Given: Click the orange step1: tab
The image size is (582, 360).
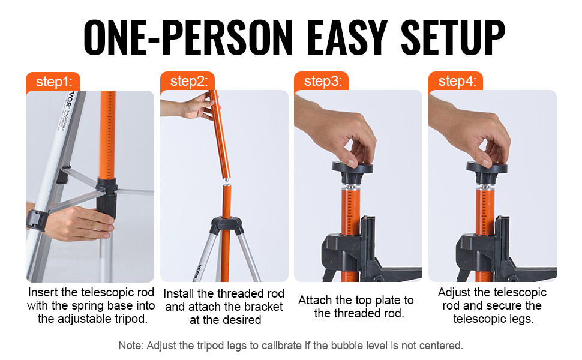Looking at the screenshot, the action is [53, 81].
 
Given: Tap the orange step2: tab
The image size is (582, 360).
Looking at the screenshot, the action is [187, 81].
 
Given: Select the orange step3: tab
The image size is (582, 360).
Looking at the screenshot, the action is [322, 81].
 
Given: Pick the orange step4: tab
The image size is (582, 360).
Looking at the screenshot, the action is [456, 81].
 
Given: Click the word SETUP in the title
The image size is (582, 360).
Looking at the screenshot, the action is [453, 37].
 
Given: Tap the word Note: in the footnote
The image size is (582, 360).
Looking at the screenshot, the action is [131, 346].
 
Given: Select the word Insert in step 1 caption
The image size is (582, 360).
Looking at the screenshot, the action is [43, 292].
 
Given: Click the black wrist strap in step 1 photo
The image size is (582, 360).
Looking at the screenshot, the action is [37, 220].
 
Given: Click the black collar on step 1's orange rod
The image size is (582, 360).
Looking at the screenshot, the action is [107, 198].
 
